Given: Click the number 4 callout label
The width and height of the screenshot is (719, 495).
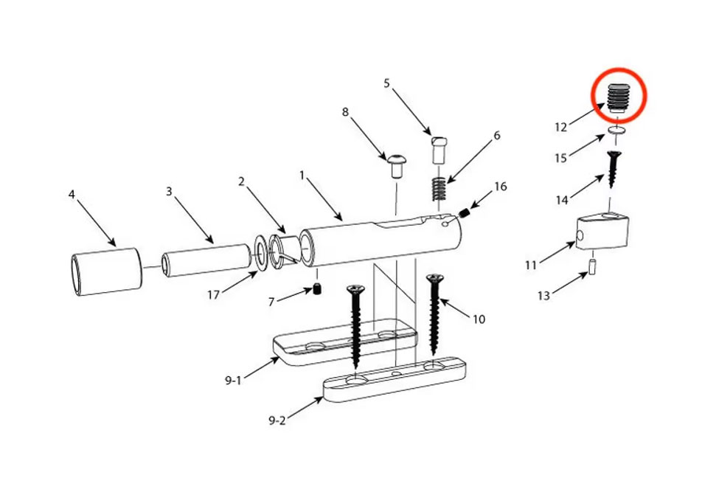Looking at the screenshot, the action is [x=72, y=195].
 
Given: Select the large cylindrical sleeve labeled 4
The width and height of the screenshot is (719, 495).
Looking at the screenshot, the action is [x=106, y=271].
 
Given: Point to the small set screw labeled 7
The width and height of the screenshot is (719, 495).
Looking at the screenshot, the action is [x=317, y=289].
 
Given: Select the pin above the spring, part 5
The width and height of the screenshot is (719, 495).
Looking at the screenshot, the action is [x=439, y=150].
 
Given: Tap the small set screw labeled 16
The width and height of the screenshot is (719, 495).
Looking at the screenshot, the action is [x=465, y=213].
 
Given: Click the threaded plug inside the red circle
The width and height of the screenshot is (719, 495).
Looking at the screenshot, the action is [x=619, y=97].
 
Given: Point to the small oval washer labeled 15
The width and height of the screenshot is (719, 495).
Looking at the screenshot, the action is [x=618, y=131].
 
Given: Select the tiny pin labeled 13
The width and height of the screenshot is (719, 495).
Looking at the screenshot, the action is [x=592, y=267].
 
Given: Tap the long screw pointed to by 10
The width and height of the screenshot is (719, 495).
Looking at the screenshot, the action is [x=434, y=314].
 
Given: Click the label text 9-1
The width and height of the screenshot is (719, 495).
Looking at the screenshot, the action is [x=233, y=381].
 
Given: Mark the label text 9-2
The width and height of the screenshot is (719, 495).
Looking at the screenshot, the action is [x=277, y=420].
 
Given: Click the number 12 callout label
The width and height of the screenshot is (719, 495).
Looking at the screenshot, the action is [x=560, y=127].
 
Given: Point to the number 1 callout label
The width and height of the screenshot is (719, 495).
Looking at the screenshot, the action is [x=302, y=176].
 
